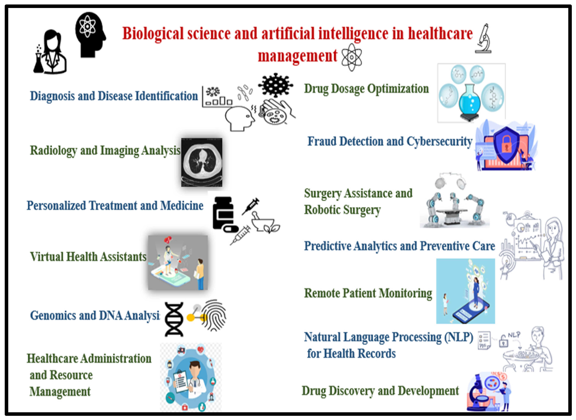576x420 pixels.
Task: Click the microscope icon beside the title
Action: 483,39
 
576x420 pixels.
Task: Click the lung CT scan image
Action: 202,162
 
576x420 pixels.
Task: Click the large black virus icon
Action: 275,85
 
